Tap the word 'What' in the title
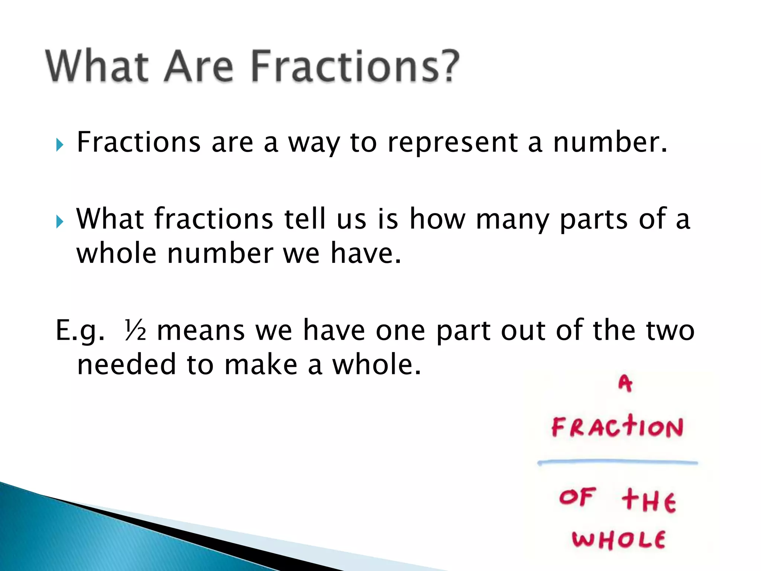tap(97, 66)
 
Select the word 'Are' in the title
tap(199, 66)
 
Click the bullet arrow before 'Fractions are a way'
tap(60, 145)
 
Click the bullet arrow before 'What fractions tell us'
tap(60, 222)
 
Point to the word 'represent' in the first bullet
tap(452, 143)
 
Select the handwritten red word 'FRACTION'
tap(617, 427)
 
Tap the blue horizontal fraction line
tap(617, 462)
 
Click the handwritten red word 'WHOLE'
tap(618, 539)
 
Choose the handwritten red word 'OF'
tap(577, 497)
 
